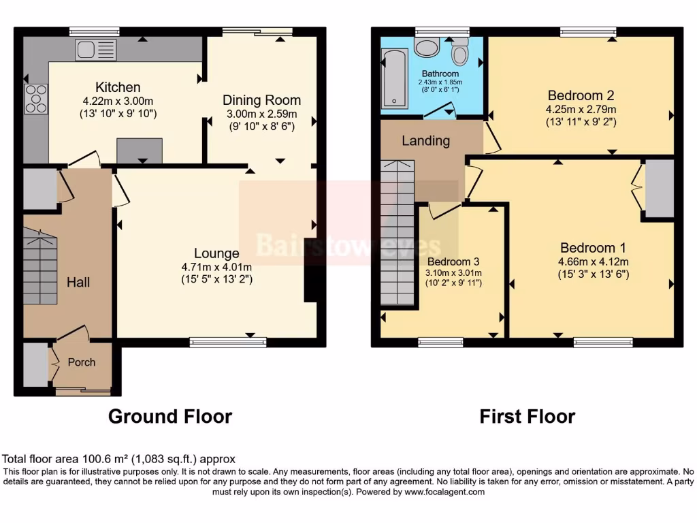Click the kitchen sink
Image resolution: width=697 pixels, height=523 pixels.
pyautogui.click(x=96, y=50)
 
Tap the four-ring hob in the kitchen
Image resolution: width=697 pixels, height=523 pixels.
pyautogui.click(x=36, y=99)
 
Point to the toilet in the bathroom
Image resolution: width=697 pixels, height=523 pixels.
pyautogui.click(x=461, y=50)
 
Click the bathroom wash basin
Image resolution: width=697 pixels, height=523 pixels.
pyautogui.click(x=427, y=47)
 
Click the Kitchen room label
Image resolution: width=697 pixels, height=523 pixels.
pyautogui.click(x=118, y=87)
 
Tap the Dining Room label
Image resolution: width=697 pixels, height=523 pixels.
pyautogui.click(x=261, y=100)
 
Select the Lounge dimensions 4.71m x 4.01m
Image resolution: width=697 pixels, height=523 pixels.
pyautogui.click(x=216, y=267)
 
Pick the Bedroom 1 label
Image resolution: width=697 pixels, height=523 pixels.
pyautogui.click(x=592, y=248)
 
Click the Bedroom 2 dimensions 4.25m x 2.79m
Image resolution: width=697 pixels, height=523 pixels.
pyautogui.click(x=581, y=109)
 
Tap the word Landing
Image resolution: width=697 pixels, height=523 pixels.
pyautogui.click(x=425, y=141)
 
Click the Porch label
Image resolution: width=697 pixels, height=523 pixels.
pyautogui.click(x=82, y=362)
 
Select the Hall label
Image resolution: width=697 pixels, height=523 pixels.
pyautogui.click(x=78, y=282)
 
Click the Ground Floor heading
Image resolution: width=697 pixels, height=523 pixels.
pyautogui.click(x=170, y=416)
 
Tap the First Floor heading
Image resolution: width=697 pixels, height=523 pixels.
pyautogui.click(x=527, y=416)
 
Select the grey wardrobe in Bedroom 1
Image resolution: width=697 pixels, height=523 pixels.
pyautogui.click(x=659, y=189)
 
